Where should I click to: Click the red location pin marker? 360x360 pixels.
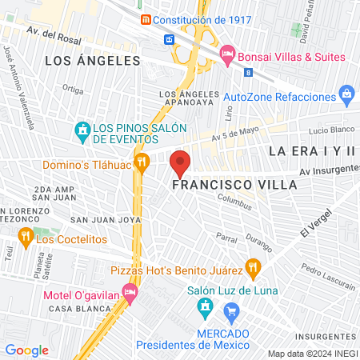point(181,163)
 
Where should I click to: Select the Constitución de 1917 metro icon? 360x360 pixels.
point(145,19)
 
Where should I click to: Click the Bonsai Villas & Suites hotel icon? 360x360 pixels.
point(226,56)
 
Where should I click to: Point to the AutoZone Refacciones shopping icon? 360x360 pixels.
point(346,95)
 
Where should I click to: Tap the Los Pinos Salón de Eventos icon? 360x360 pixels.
point(81,129)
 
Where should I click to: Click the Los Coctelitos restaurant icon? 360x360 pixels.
point(24,237)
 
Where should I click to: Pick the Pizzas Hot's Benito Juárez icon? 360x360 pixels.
point(254,266)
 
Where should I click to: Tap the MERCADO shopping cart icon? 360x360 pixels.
point(231,310)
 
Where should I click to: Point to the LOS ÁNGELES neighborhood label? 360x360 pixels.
point(92,60)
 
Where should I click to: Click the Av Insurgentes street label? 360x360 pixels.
point(329,171)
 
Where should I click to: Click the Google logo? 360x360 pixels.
point(27,350)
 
